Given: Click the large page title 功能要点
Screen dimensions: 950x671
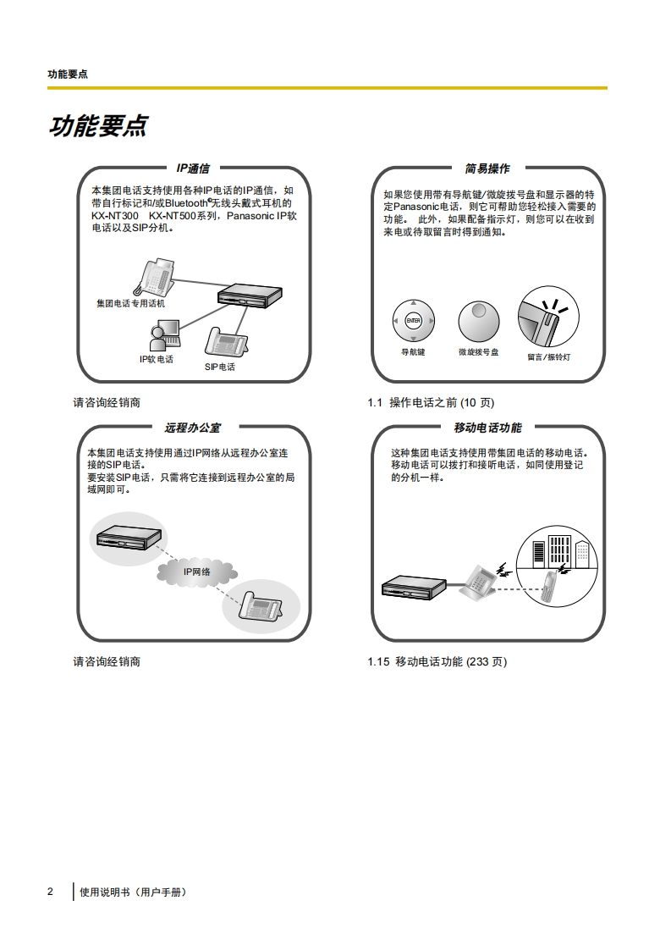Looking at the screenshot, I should (98, 126).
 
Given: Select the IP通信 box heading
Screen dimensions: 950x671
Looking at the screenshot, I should (193, 168).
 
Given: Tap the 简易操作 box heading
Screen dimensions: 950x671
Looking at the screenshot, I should (487, 168).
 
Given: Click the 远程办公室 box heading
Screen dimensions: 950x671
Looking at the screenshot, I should (193, 428).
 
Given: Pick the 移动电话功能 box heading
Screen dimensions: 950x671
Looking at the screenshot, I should (487, 428).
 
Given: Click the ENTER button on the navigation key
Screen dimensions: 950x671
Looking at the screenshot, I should (413, 320).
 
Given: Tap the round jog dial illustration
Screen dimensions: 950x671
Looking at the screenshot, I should (479, 321).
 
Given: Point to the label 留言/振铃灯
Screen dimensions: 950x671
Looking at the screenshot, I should (548, 356).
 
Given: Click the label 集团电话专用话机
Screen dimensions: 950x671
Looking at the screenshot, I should (130, 302).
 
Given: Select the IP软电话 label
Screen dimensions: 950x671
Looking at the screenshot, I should (157, 359).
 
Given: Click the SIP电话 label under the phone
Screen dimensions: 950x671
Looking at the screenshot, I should (220, 367).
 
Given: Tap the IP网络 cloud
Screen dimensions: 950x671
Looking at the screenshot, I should (196, 572).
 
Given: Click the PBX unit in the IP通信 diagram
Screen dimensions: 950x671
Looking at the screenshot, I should (248, 296).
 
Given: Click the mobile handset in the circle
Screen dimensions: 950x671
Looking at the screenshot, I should (550, 586).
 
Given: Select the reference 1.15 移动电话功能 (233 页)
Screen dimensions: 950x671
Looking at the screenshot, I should (437, 661).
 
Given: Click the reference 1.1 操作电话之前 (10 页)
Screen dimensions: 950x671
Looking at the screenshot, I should (430, 402).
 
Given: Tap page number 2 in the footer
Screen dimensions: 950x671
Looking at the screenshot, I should (50, 892).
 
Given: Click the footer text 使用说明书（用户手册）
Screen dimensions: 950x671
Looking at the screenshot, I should (132, 892).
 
